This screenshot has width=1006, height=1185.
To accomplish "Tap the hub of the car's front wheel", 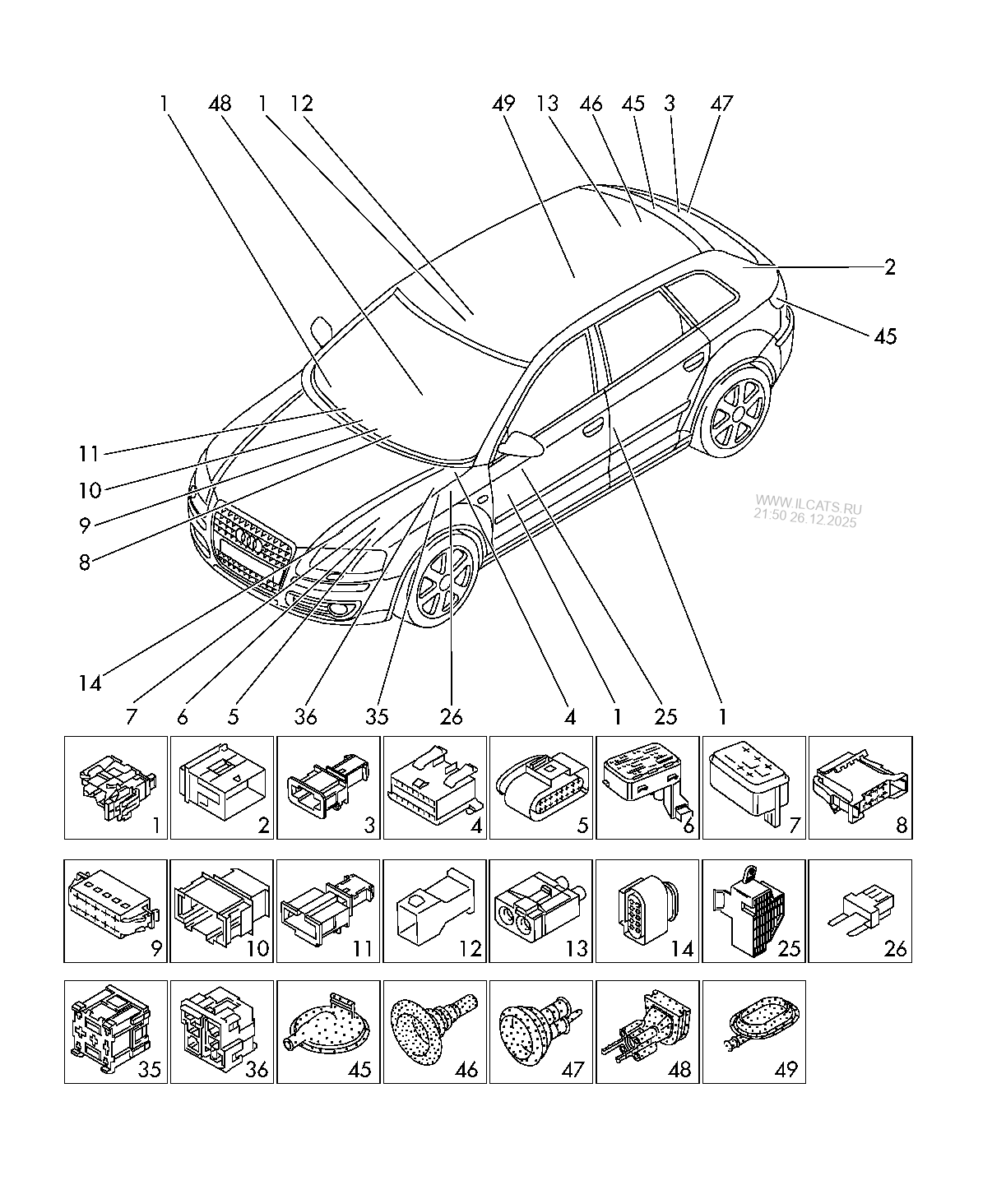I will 444,582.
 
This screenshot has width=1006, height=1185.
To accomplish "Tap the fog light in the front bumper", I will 347,609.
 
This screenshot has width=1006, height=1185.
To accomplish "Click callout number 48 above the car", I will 220,104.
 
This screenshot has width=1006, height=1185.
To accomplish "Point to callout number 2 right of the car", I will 889,267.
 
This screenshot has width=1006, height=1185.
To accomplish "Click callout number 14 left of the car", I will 90,683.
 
